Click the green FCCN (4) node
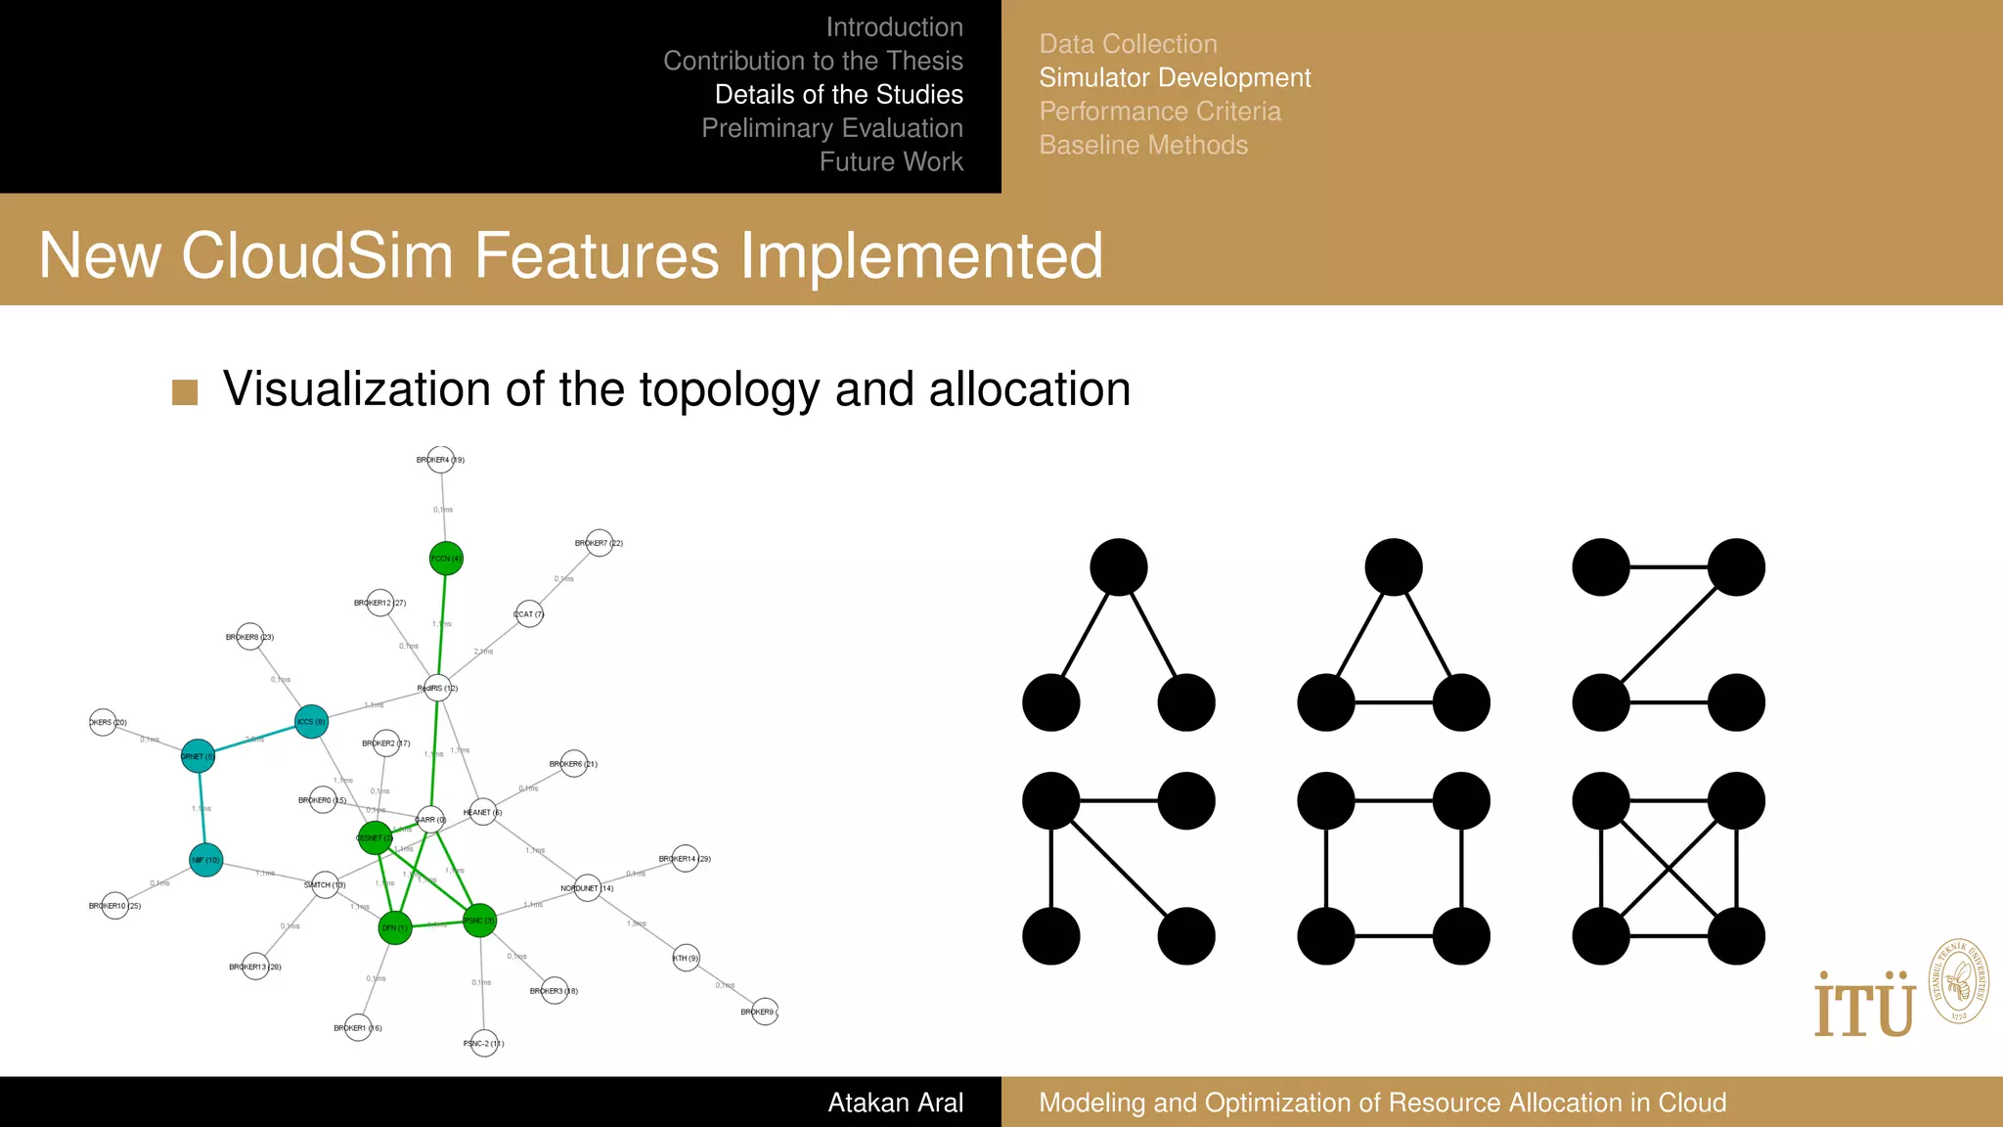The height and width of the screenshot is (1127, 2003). (446, 559)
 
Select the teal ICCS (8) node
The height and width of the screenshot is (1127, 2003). (311, 722)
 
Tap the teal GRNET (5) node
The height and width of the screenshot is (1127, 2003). (198, 756)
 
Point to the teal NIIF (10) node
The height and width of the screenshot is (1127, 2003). (205, 860)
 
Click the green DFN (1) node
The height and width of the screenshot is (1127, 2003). (395, 927)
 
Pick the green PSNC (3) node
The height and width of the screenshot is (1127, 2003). (479, 921)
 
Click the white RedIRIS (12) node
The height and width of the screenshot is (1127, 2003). (437, 688)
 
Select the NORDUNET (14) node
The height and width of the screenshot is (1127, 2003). (587, 888)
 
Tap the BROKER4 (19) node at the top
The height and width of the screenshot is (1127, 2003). (441, 460)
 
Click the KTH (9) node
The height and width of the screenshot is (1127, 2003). (687, 958)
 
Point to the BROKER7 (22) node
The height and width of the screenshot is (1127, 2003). (600, 543)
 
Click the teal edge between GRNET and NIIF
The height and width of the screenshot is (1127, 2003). (201, 808)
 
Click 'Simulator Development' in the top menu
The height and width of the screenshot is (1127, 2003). (1175, 77)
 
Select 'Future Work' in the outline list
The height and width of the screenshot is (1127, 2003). (891, 161)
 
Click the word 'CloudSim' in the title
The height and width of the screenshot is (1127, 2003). (317, 256)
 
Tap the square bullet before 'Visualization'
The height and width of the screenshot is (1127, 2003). (185, 392)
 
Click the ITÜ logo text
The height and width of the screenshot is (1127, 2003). (1864, 1007)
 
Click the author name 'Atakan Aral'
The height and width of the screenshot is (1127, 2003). (895, 1103)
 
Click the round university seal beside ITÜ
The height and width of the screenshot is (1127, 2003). (1958, 981)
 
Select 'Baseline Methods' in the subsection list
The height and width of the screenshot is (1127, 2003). (1143, 145)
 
